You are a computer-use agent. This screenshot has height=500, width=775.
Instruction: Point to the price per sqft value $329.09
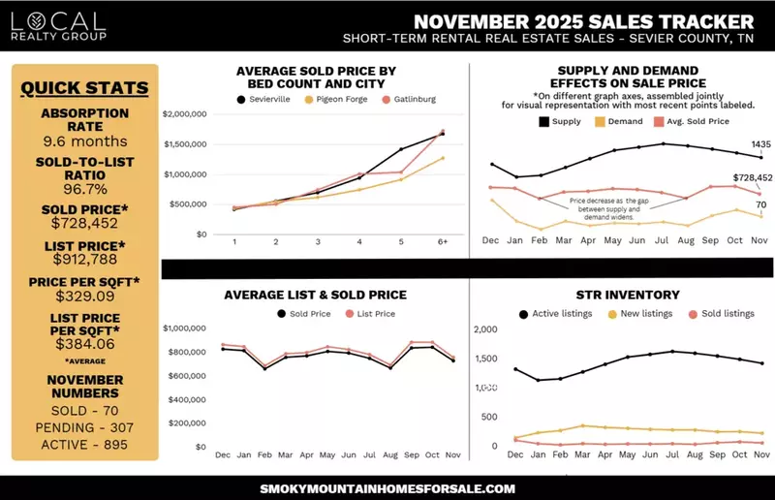tap(85, 297)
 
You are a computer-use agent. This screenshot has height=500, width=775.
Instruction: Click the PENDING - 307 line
tap(85, 427)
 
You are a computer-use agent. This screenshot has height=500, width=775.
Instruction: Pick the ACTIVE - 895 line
tap(85, 445)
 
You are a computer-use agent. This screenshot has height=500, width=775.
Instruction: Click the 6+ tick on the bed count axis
tap(443, 242)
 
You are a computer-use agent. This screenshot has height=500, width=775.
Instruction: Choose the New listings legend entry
tap(649, 314)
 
